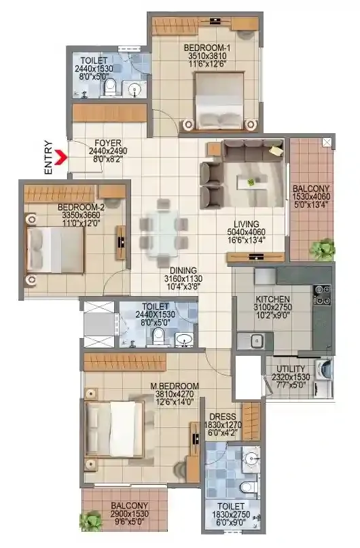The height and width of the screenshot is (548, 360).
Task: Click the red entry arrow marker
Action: pos(60,157)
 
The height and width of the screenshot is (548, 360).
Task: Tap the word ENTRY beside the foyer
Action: pos(48,158)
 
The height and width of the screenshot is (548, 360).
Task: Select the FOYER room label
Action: pos(107,143)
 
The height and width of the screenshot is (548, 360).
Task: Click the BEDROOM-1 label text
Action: pos(204,48)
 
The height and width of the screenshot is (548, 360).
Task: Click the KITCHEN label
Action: pos(273,299)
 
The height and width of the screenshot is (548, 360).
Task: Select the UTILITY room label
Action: pos(291,369)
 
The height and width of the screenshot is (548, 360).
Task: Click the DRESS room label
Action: pos(222,418)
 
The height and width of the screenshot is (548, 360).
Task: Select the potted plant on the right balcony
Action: pos(324,249)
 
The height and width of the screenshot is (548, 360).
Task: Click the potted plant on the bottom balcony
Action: pos(88,523)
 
